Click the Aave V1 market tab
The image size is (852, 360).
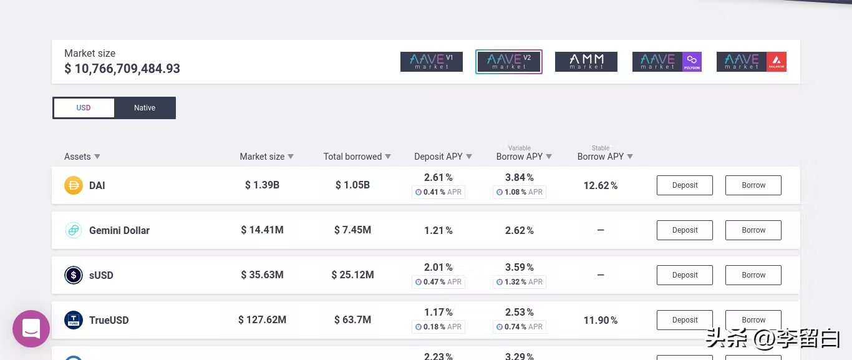click(x=431, y=62)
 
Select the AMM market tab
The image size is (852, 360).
click(x=586, y=62)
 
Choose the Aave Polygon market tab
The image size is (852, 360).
click(x=667, y=62)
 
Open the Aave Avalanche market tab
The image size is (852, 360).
click(x=751, y=62)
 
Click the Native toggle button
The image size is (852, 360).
click(x=145, y=108)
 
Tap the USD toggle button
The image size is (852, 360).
click(x=84, y=108)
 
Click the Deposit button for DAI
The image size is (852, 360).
click(x=684, y=185)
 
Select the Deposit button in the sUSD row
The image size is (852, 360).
click(x=684, y=275)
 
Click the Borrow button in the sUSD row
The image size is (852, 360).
click(x=753, y=275)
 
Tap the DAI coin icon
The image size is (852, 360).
click(x=74, y=185)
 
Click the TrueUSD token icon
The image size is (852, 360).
click(x=74, y=320)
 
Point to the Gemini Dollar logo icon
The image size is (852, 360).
click(x=74, y=230)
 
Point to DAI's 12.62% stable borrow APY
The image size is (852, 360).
click(x=600, y=185)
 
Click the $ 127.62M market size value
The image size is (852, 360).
click(x=262, y=320)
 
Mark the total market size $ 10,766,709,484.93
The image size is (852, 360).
click(x=122, y=69)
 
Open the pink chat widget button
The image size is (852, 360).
click(x=31, y=329)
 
